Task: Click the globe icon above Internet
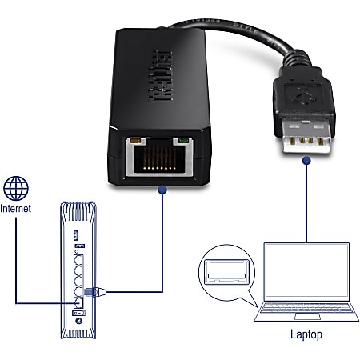[x=16, y=189]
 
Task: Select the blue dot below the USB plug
[x=305, y=162]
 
